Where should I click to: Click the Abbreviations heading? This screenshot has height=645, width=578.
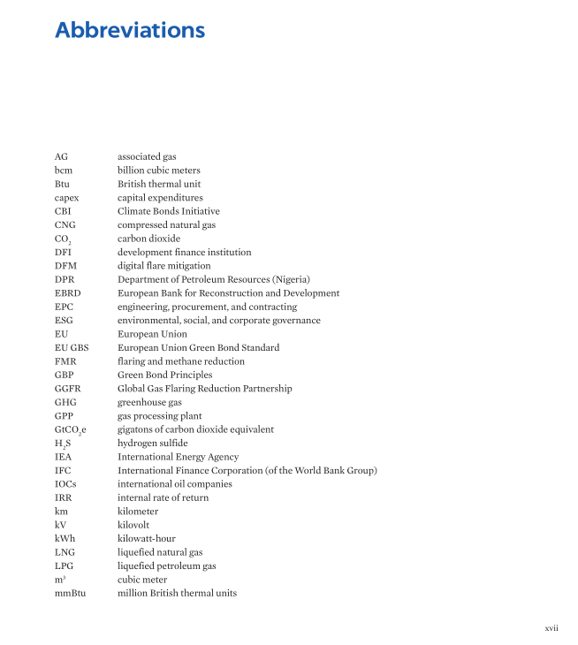130,30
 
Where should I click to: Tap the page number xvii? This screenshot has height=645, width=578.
551,627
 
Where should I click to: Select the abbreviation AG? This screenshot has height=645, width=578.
61,156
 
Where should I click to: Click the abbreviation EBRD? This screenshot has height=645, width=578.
68,293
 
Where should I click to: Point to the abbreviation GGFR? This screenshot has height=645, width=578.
67,389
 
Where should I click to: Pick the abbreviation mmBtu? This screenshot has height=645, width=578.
70,593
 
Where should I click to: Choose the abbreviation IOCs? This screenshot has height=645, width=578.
65,484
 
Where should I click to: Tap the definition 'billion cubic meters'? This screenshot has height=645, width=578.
159,171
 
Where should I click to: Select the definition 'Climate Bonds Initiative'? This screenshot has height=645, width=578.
169,211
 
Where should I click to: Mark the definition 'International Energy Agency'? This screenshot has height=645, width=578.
178,457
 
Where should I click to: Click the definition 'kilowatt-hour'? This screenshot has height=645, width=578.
146,538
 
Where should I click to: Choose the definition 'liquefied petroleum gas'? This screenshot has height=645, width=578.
167,565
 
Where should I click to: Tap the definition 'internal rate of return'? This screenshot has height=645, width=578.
164,497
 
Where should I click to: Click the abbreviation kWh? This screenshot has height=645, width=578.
65,538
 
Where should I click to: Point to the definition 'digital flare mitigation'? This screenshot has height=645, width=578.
164,266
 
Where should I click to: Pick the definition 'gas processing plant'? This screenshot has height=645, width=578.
160,416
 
